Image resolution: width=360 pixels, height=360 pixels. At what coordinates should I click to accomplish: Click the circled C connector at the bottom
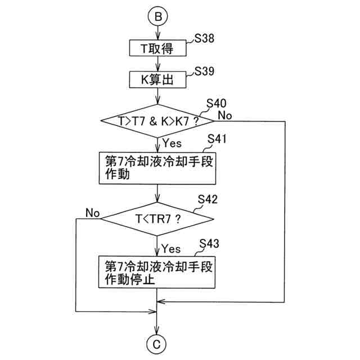(158, 343)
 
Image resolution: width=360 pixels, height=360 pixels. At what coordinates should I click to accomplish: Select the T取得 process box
(158, 48)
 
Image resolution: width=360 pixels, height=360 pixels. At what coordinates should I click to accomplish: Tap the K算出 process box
(158, 80)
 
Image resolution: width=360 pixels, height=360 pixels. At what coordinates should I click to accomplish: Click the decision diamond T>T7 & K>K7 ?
(158, 120)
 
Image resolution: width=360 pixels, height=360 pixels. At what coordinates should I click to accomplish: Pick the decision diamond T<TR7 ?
(158, 218)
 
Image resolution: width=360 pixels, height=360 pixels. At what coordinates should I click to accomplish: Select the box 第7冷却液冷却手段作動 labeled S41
(158, 167)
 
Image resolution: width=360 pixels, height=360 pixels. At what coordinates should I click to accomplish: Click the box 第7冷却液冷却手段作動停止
(158, 272)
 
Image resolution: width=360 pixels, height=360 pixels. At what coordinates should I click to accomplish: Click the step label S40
(217, 103)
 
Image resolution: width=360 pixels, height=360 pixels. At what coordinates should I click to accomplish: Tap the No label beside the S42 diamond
(92, 213)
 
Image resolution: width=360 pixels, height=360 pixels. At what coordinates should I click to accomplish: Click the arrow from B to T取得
(158, 32)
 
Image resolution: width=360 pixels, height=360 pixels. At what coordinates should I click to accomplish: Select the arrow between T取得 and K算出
(158, 64)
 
